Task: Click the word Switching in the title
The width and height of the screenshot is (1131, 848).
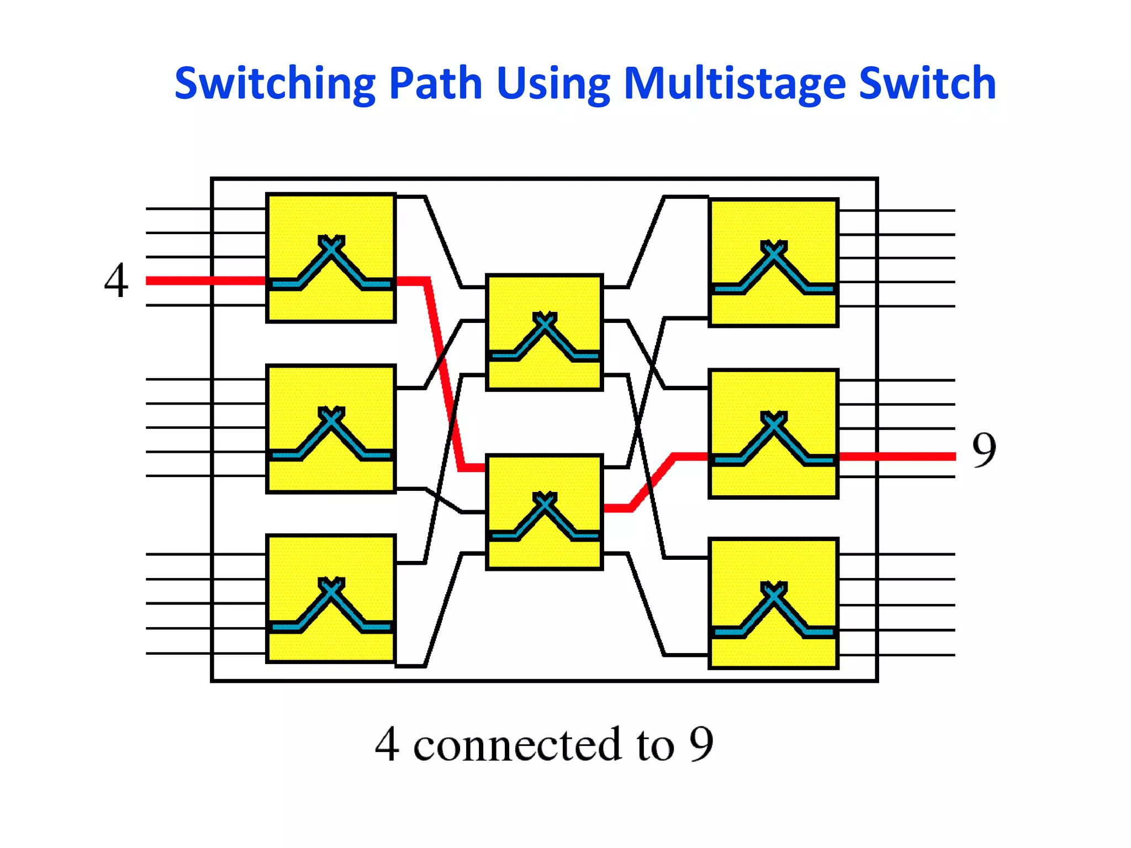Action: point(274,84)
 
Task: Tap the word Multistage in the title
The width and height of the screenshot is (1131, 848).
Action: point(734,84)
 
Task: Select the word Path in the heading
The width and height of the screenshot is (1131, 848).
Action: point(435,84)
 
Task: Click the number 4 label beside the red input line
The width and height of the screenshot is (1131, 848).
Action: point(116,280)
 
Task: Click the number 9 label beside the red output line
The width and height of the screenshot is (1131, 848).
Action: point(984,450)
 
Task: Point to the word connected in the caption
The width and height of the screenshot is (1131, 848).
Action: point(517,745)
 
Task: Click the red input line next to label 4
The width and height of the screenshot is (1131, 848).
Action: point(204,281)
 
